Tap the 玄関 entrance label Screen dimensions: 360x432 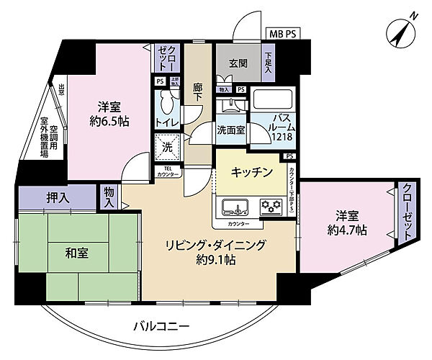pos(240,63)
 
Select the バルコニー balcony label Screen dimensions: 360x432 pos(161,327)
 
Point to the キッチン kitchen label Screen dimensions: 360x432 pos(252,171)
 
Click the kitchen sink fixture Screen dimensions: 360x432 pos(235,208)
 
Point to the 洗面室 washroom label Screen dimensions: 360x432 pos(231,130)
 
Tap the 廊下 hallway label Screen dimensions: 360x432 pos(198,94)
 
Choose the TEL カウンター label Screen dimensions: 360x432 pos(168,172)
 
